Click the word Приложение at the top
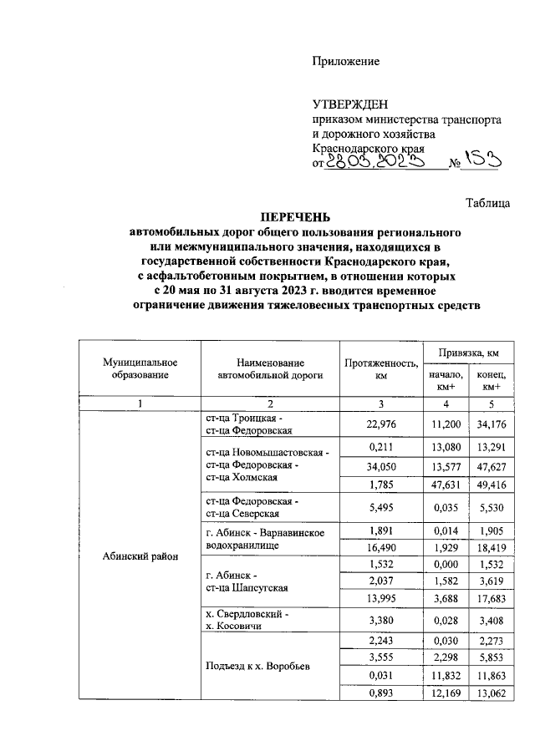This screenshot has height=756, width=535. tap(346, 61)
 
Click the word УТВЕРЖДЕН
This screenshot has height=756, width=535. tap(350, 104)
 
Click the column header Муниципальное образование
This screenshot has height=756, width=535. tap(140, 368)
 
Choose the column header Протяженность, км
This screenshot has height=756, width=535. tap(380, 368)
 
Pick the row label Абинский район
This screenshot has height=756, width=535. tap(140, 558)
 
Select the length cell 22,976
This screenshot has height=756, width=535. tap(380, 424)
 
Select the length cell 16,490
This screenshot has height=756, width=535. tap(380, 545)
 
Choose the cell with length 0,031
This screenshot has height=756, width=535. tap(380, 674)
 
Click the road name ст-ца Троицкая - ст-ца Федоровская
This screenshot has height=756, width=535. tap(248, 424)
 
